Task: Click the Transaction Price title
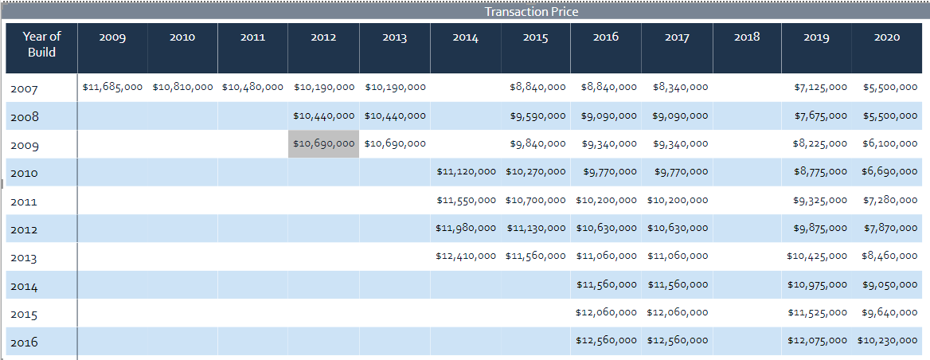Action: tap(531, 11)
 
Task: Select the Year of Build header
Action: tap(41, 44)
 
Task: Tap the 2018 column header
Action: tap(747, 37)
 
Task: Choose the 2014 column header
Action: tap(465, 37)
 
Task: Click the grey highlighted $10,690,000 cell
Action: tap(324, 143)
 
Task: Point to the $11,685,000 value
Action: tap(112, 87)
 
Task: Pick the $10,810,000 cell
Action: tap(182, 87)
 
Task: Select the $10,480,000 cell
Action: tap(252, 87)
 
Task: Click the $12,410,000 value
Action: tap(466, 256)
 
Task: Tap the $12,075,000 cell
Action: tap(817, 340)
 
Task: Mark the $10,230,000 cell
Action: tap(887, 340)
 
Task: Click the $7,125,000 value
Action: tap(820, 87)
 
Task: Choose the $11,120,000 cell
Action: tap(466, 171)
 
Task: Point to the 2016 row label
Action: tap(24, 342)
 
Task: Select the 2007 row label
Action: tap(24, 89)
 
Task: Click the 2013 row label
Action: tap(24, 258)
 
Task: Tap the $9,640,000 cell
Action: tap(890, 312)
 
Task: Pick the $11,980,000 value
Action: tap(466, 228)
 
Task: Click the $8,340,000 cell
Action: tap(680, 87)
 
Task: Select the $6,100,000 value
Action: tap(890, 143)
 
